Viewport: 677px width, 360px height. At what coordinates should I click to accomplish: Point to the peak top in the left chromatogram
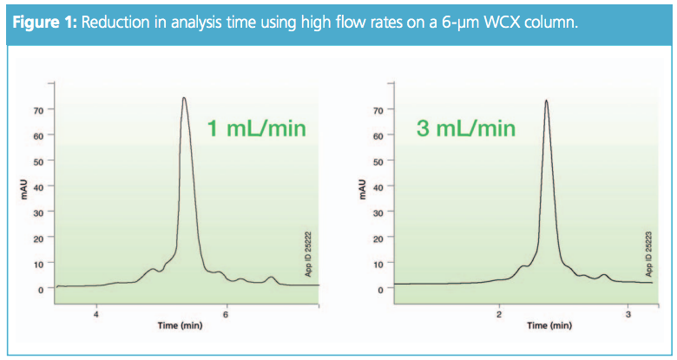(184, 98)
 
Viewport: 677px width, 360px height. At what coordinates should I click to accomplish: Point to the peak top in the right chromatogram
(546, 101)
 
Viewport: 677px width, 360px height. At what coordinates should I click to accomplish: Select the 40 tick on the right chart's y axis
(377, 187)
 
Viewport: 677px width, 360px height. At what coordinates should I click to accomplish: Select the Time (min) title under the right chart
(549, 326)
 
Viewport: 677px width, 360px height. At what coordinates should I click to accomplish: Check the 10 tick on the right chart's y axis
(377, 263)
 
